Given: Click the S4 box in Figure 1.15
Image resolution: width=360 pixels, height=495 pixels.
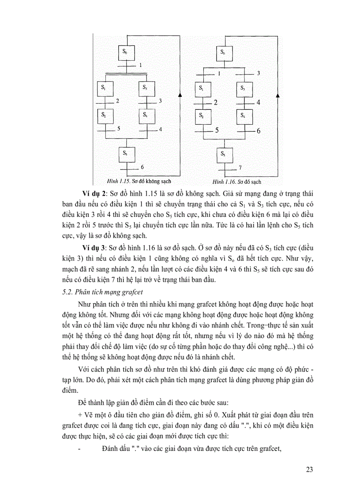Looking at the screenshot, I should (x=146, y=116).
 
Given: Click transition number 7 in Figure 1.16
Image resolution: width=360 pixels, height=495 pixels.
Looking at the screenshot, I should (x=240, y=168).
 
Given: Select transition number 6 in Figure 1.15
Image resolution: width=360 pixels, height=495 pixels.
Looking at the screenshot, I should (x=142, y=167).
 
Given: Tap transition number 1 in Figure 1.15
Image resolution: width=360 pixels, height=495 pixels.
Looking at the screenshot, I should (x=140, y=65).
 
